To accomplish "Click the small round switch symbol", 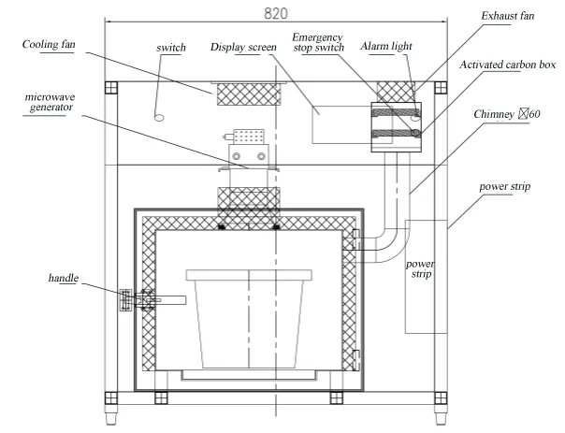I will [160, 118].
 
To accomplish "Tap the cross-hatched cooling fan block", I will [249, 94].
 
